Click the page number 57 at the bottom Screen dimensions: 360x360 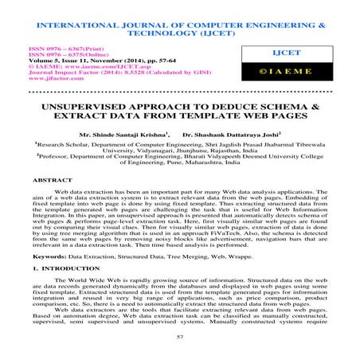tap(180, 338)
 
